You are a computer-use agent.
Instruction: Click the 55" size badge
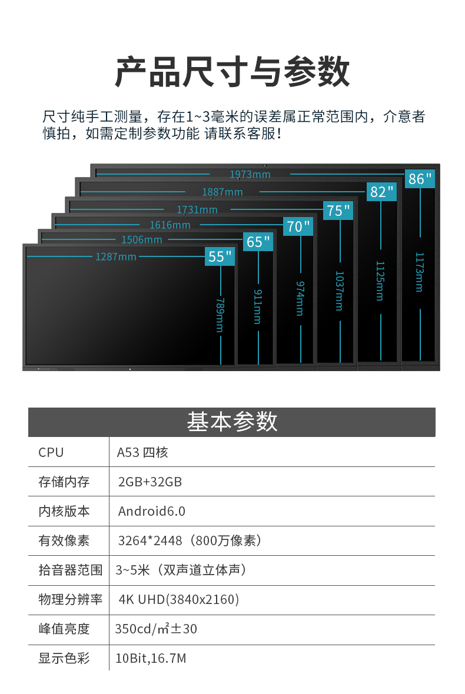[220, 256]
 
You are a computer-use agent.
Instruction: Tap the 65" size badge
[258, 242]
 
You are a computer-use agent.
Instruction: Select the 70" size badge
[298, 226]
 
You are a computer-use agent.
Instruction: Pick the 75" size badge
[338, 210]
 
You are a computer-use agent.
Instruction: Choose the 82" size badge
[381, 192]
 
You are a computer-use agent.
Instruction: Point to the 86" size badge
[420, 179]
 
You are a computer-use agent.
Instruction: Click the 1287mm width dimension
[116, 256]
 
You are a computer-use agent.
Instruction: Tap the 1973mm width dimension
[250, 175]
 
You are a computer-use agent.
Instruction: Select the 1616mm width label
[170, 225]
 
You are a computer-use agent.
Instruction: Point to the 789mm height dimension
[220, 315]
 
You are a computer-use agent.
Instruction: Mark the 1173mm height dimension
[419, 272]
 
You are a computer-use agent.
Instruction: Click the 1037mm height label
[339, 291]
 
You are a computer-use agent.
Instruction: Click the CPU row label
[51, 452]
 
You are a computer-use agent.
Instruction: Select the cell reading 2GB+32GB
[150, 482]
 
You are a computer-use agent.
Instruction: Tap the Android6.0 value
[152, 511]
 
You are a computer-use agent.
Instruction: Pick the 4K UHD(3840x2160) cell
[179, 599]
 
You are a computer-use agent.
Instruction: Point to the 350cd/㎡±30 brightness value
[156, 629]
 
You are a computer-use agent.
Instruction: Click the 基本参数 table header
[232, 421]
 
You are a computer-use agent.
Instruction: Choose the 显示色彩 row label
[64, 658]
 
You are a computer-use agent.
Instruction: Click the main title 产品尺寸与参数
[232, 71]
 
